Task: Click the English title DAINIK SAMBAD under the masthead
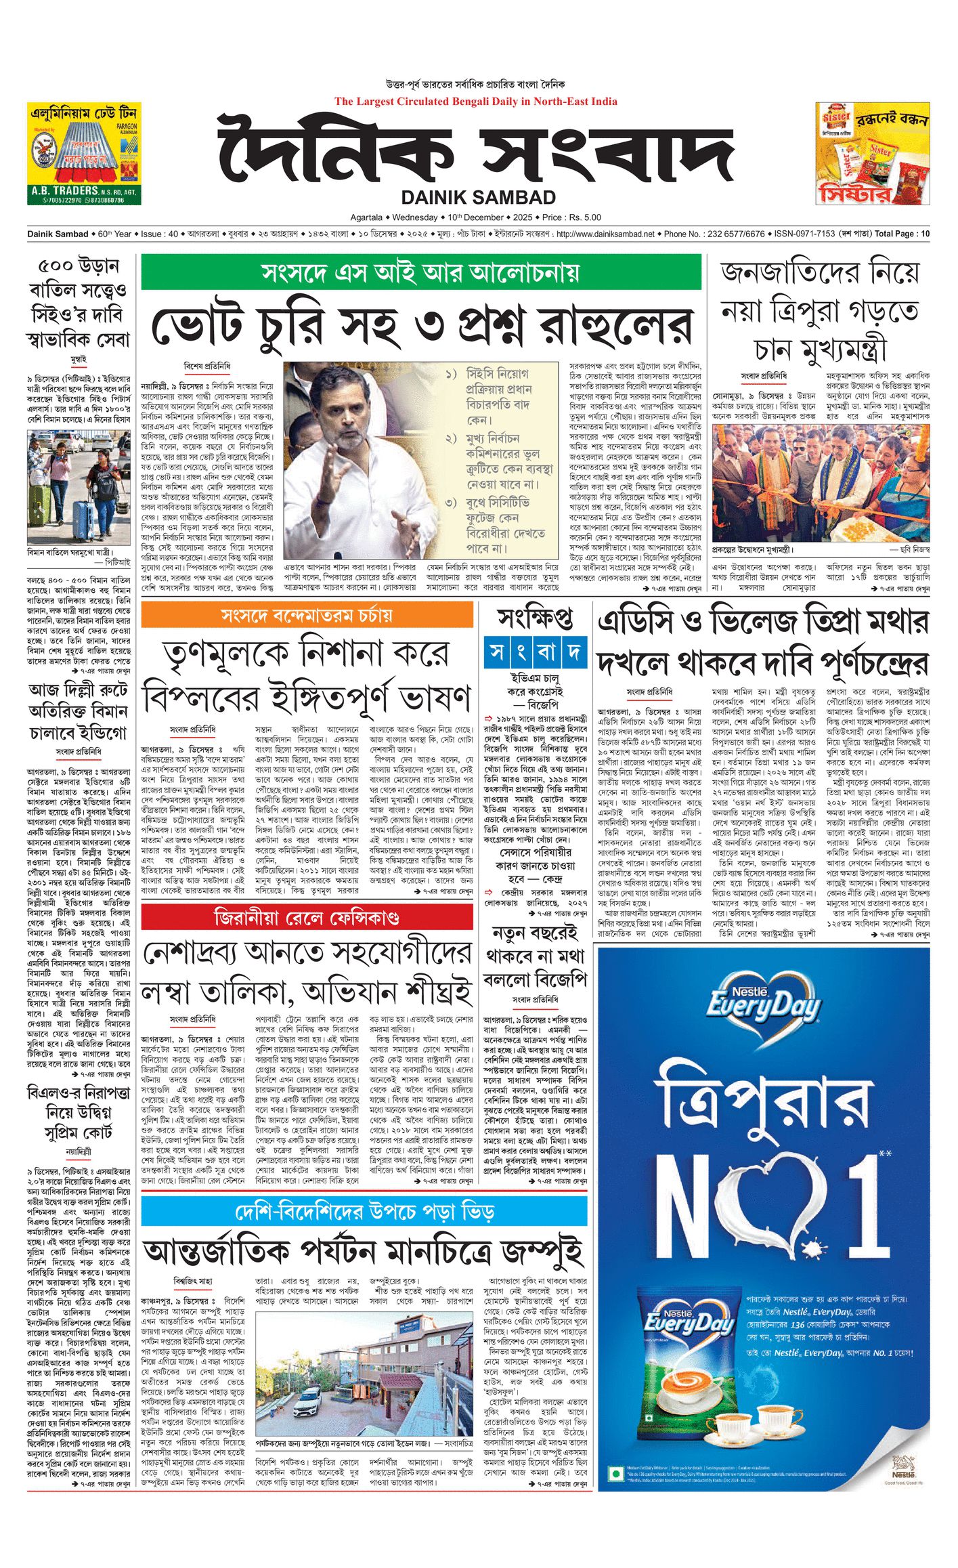click(478, 197)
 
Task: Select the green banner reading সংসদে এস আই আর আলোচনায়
click(420, 273)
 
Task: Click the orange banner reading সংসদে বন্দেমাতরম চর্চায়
click(307, 616)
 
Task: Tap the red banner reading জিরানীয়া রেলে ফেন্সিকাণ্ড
click(307, 918)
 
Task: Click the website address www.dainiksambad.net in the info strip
click(605, 234)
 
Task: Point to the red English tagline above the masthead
click(475, 102)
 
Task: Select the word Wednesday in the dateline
click(415, 217)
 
